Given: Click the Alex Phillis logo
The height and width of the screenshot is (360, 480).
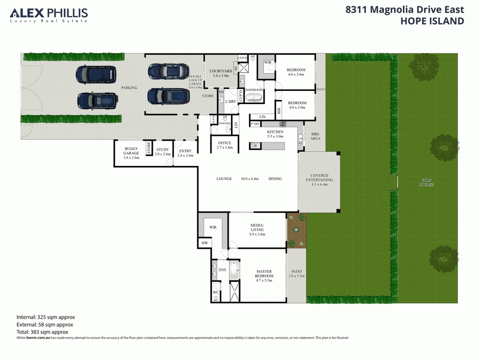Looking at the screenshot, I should pos(49,15).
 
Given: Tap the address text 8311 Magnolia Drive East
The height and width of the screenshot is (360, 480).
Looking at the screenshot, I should pos(405,9).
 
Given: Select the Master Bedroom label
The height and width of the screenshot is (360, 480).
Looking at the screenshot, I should pos(264,274).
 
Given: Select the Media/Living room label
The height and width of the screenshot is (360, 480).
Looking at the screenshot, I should pos(256,230).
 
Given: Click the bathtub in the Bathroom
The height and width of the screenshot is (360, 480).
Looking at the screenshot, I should pos(255,98).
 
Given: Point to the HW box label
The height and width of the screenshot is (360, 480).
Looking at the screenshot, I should pos(204,243).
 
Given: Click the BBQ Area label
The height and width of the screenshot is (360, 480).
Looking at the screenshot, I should pos(315,136).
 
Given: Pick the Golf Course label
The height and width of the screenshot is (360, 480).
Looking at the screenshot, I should pos(427,182).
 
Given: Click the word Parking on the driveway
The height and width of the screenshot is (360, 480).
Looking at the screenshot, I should pos(129,88).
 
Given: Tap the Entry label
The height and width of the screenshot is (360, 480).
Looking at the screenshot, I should pos(185,153).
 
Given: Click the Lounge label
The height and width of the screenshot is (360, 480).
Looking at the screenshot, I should pos(224,179).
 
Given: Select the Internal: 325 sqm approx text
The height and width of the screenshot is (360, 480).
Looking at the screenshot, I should pos(45,317).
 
